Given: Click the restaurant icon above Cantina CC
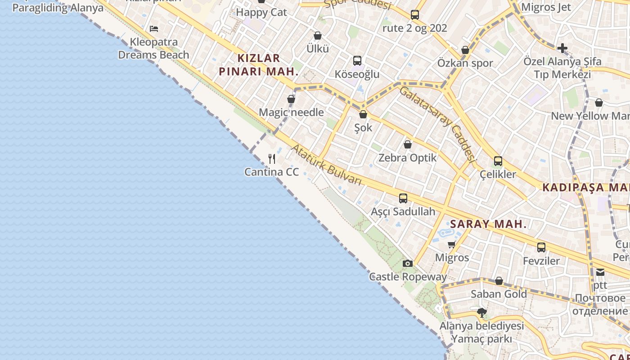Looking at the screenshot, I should click(272, 158).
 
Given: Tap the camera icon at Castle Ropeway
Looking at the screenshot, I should click(408, 263).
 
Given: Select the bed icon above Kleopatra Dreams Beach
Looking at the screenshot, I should click(154, 29).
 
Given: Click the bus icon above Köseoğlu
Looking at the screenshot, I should click(357, 60).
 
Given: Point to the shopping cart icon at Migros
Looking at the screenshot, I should click(452, 244).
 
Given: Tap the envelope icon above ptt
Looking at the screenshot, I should click(600, 272).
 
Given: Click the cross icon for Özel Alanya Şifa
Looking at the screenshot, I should click(562, 48).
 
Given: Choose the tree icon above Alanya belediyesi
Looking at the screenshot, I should click(482, 312).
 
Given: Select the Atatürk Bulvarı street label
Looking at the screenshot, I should click(327, 165).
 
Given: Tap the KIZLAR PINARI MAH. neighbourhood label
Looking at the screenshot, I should click(259, 64).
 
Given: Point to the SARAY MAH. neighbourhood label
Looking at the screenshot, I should click(488, 224).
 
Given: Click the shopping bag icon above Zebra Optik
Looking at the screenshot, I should click(408, 144).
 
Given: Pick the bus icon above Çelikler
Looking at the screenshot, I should click(498, 161).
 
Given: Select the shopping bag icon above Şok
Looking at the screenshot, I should click(363, 114).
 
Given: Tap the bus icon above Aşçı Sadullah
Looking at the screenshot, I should click(403, 198).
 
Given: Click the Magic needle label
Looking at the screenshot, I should click(291, 112).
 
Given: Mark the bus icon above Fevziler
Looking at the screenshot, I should click(541, 247).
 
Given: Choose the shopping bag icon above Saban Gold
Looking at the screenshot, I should click(499, 281).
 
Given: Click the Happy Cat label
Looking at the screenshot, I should click(261, 12).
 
